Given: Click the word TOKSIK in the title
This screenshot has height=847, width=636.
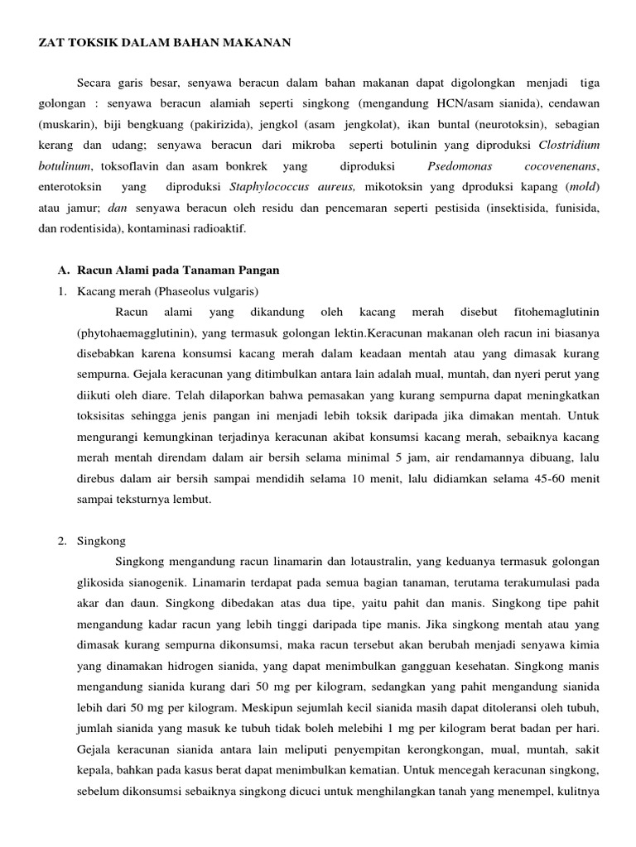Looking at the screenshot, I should tap(79, 42).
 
